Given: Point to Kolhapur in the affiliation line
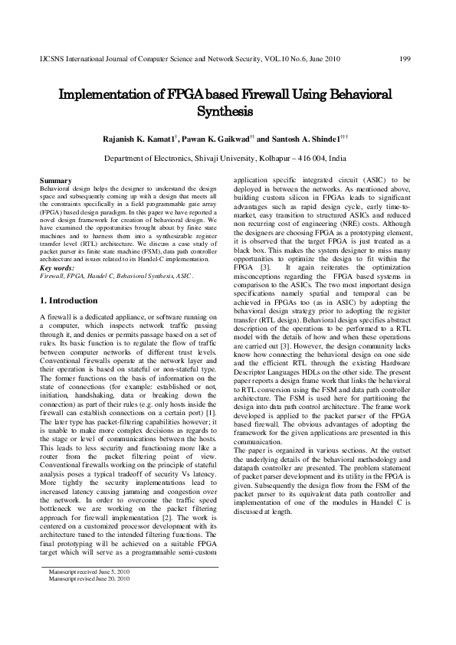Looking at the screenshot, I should point(280,158).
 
